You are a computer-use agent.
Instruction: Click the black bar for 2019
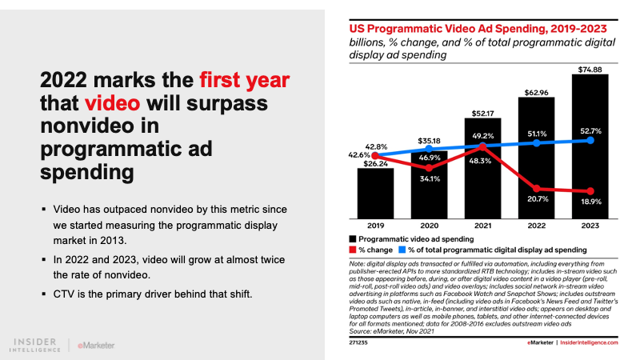point(374,192)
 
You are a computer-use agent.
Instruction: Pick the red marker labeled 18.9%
point(590,191)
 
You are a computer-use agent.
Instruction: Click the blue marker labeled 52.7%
point(590,139)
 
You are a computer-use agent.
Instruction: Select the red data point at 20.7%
point(537,188)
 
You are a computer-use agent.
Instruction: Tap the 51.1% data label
point(537,132)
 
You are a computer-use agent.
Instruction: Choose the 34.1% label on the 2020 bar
point(428,178)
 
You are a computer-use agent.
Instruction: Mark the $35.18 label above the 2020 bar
point(428,141)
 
